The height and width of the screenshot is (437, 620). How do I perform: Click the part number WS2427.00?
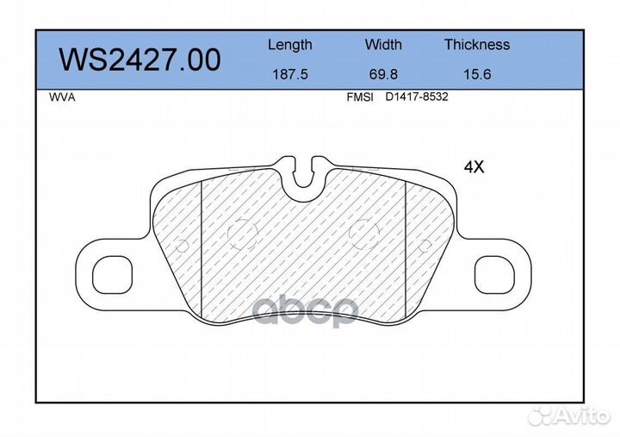click(139, 60)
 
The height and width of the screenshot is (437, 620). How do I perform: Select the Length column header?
click(290, 45)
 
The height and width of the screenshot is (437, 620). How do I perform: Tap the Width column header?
click(383, 44)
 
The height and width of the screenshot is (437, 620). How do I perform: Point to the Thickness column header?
click(477, 44)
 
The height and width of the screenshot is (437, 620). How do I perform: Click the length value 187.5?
click(290, 74)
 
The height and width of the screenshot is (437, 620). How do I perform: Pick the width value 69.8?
click(383, 74)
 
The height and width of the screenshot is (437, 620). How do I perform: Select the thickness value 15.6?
click(477, 74)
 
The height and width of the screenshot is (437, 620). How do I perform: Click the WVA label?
click(62, 97)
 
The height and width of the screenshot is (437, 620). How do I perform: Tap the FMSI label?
click(360, 97)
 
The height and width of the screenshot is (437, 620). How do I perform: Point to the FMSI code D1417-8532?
click(417, 97)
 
